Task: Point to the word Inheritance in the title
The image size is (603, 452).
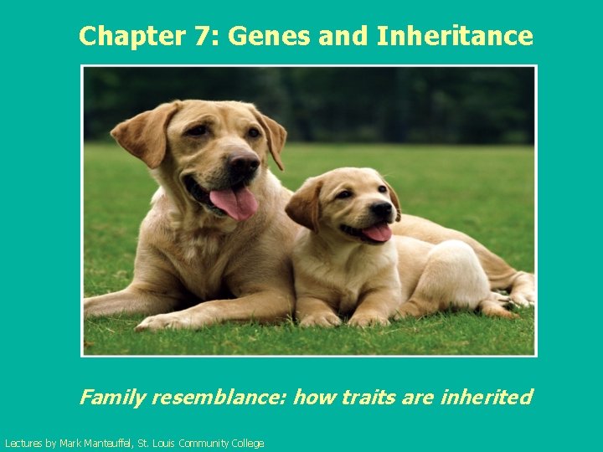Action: (x=455, y=36)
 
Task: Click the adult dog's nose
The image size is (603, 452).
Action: (x=242, y=163)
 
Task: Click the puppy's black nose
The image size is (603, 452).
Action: (x=382, y=209)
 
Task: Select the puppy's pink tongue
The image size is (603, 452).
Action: (x=377, y=232)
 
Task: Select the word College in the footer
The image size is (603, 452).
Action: (x=245, y=444)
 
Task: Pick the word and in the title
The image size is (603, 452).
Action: (x=345, y=36)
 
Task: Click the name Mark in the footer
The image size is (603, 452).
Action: (x=70, y=444)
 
